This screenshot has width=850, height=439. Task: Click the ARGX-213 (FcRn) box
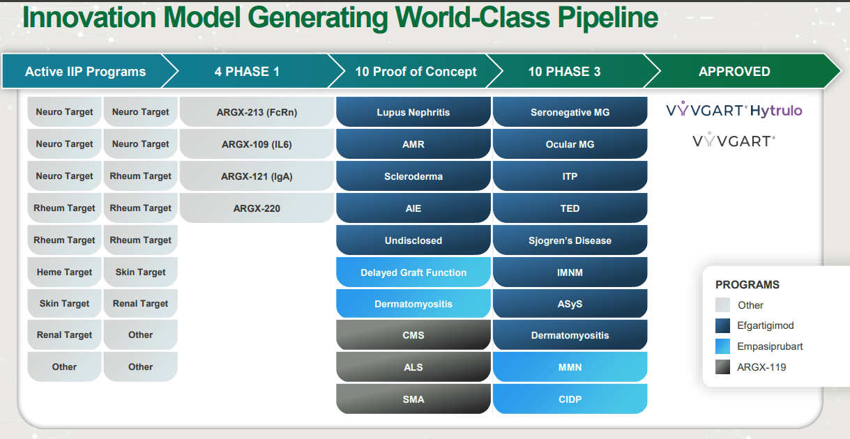[257, 112]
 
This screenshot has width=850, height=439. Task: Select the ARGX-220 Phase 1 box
[257, 208]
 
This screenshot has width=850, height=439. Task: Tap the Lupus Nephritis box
[413, 112]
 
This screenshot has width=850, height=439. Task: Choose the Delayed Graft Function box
[413, 272]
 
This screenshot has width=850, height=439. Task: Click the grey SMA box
[413, 399]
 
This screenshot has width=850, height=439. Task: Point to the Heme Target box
[64, 272]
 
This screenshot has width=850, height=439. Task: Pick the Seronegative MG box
[570, 112]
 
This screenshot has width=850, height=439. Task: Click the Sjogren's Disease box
[570, 240]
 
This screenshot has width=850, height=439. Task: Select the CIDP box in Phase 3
[570, 399]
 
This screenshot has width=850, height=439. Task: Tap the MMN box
[570, 367]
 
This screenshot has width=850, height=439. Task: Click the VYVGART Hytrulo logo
[734, 111]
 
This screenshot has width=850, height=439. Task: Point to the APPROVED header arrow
[734, 72]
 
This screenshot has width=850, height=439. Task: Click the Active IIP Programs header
[85, 72]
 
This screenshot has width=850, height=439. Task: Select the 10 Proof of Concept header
[416, 72]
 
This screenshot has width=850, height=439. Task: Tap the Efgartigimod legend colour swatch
[723, 325]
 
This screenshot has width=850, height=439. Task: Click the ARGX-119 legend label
[761, 367]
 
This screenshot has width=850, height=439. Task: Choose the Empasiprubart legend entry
[770, 346]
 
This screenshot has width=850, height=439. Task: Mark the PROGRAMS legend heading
[747, 285]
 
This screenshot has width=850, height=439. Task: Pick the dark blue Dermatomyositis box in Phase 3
[570, 335]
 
